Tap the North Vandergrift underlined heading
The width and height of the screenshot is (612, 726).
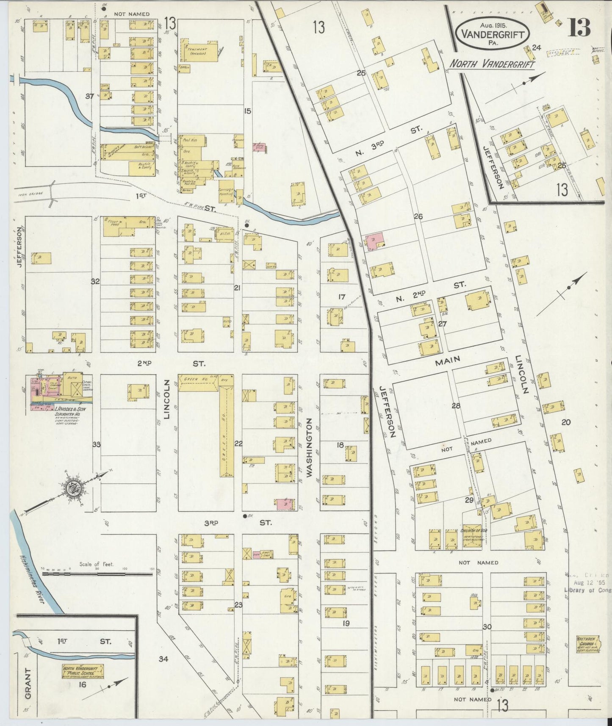[x=492, y=64]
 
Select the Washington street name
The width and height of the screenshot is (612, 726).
[x=310, y=448]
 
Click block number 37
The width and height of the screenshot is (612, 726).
[x=89, y=96]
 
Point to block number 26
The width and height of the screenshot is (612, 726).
[x=418, y=216]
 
